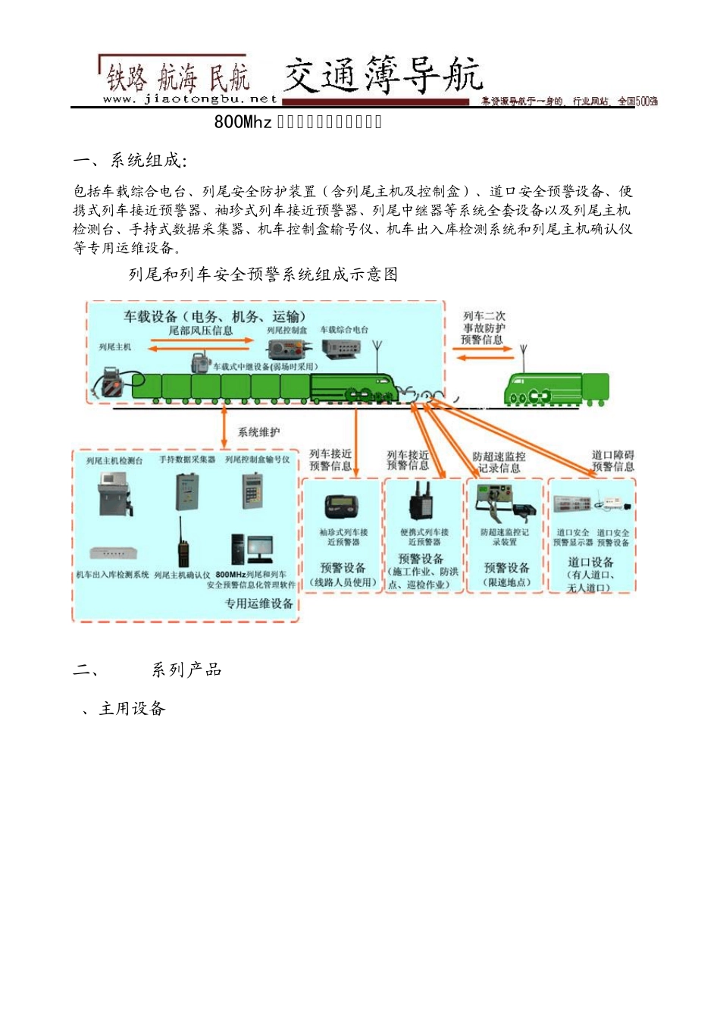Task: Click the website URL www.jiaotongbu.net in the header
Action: tap(189, 99)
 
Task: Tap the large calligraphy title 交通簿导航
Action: tap(383, 75)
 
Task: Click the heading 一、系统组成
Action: tap(130, 161)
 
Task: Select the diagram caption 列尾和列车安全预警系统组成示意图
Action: tap(263, 274)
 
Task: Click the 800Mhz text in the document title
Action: tap(242, 122)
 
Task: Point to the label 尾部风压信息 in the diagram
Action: tap(200, 331)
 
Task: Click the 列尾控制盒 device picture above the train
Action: tap(286, 349)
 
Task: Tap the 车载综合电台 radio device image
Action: tap(341, 348)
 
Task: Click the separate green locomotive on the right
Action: tap(557, 389)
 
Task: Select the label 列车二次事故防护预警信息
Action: tap(484, 328)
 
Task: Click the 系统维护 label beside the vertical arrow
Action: tap(258, 432)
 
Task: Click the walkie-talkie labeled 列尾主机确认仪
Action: tap(183, 544)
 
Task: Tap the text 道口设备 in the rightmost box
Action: tap(590, 562)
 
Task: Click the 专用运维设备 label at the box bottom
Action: tap(258, 604)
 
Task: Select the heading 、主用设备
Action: tap(124, 709)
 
